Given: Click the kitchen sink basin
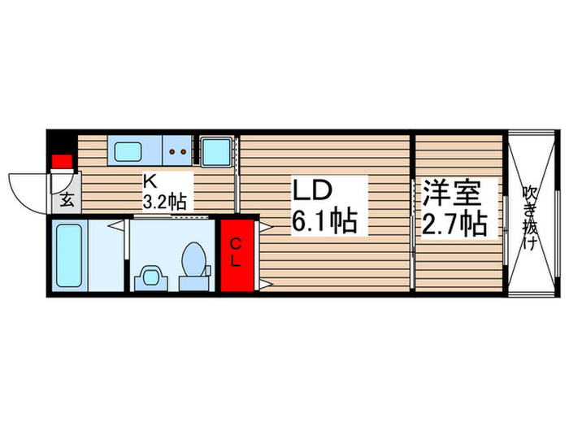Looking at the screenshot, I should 128,151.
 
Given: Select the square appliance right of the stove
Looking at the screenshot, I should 215,151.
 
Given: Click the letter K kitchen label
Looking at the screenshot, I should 150,181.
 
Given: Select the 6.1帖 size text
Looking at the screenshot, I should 324,221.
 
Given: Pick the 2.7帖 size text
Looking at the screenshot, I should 453,222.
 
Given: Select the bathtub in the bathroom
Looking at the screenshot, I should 72,254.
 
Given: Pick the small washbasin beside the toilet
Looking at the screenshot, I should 149,277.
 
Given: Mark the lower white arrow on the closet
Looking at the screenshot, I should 263,284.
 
